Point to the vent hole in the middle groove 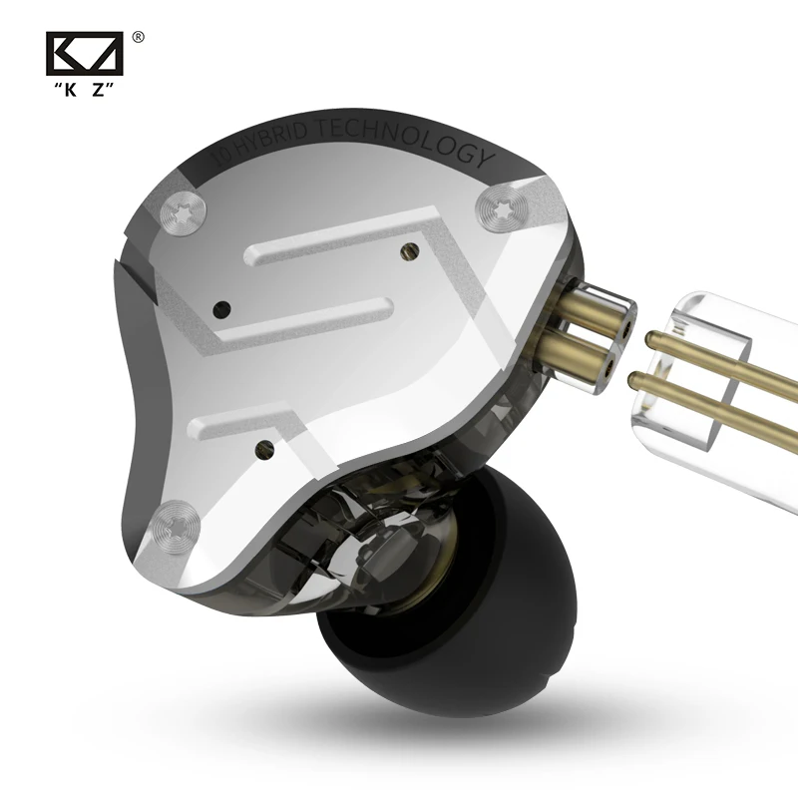click(222, 307)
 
